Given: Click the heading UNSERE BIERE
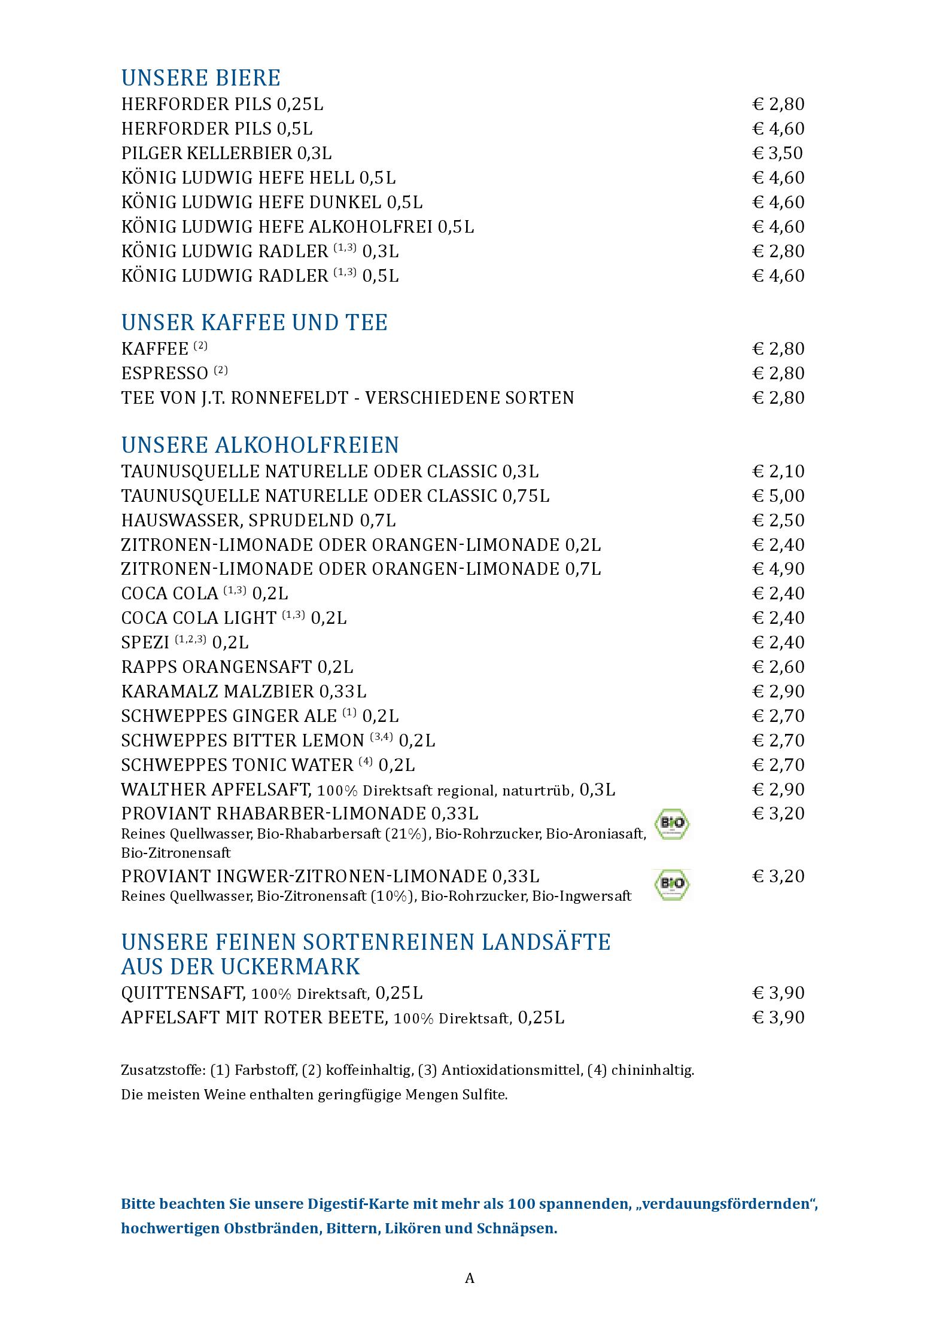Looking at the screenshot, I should [200, 78].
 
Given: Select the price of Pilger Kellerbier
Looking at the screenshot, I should [777, 153].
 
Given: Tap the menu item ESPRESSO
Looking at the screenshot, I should [165, 373].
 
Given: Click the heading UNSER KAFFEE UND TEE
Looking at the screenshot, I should [254, 323].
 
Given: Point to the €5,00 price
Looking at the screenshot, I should [778, 496].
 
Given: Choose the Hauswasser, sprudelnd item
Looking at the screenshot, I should [258, 520].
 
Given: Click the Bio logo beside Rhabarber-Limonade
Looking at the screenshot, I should [672, 824].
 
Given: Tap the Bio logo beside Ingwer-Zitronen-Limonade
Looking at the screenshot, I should [672, 885].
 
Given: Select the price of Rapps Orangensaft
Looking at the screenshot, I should [778, 667].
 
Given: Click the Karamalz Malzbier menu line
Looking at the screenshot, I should [244, 691].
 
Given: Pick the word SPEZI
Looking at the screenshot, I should [145, 642].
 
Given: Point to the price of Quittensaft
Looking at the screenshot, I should [778, 993].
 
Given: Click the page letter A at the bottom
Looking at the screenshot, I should [470, 1278].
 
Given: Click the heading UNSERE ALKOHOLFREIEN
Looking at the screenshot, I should [260, 446].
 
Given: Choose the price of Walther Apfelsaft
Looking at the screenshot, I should [778, 790].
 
